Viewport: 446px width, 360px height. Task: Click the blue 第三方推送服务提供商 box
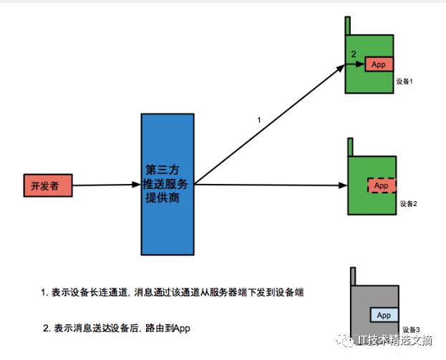168,185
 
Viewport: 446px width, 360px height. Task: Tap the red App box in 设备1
379,64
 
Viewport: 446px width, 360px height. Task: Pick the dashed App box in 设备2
381,185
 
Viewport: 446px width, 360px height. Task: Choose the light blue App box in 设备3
383,315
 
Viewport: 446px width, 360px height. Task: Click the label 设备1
405,82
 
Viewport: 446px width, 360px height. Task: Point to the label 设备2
407,203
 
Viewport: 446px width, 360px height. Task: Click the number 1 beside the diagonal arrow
259,120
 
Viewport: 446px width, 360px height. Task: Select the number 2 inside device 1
353,54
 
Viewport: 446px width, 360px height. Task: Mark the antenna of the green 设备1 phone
348,24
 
